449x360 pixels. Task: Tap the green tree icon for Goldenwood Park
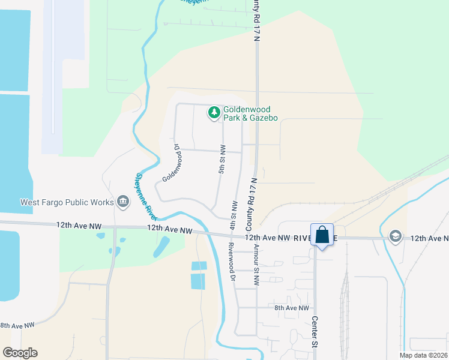[x=214, y=112]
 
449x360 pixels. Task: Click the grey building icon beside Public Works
[x=123, y=202]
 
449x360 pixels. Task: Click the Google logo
[x=20, y=353]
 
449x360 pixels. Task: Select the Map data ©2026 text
[x=424, y=355]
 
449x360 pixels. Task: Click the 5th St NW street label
[x=221, y=159]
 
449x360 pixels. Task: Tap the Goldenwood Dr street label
[x=173, y=163]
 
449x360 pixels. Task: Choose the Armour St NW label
[x=256, y=264]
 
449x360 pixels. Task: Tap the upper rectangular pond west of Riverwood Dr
[x=199, y=266]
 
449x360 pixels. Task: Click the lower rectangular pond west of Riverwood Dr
[x=198, y=281]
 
